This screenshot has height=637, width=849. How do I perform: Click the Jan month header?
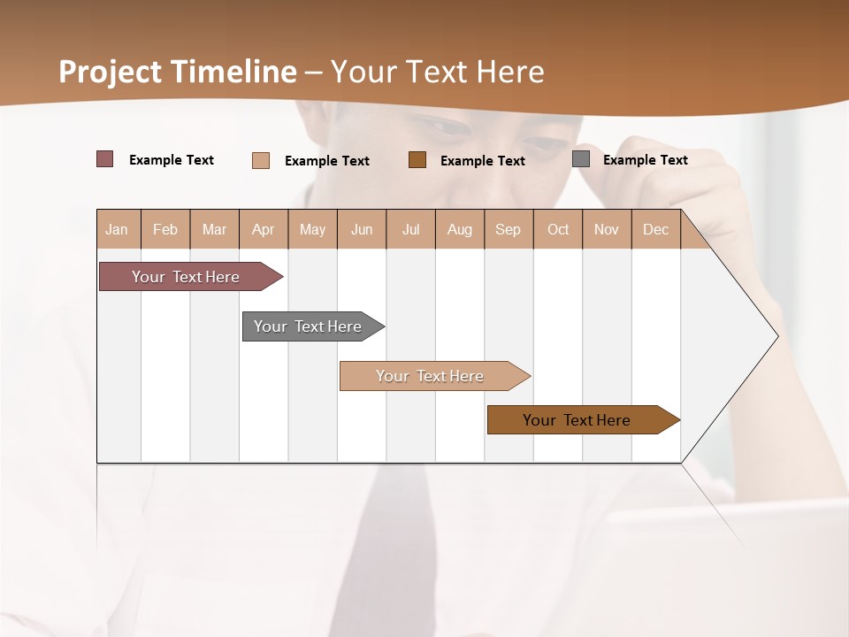click(x=118, y=229)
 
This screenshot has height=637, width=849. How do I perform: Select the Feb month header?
click(x=165, y=229)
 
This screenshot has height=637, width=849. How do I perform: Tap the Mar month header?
click(x=214, y=229)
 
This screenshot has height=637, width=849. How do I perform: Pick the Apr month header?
click(x=264, y=229)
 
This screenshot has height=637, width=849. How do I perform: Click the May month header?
click(x=312, y=229)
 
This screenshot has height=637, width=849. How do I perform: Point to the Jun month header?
click(x=362, y=229)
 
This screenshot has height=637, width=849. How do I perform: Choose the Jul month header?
click(x=410, y=229)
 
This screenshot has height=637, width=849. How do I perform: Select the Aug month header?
click(x=460, y=229)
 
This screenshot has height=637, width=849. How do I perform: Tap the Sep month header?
click(x=509, y=229)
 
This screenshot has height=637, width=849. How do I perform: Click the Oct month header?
click(x=558, y=229)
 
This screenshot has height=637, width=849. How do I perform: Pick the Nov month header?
click(x=607, y=229)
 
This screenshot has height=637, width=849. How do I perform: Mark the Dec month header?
click(x=656, y=229)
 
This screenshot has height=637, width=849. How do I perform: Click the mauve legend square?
click(x=104, y=159)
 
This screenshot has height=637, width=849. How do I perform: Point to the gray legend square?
click(x=581, y=159)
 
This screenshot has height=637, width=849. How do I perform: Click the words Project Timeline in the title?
click(x=178, y=72)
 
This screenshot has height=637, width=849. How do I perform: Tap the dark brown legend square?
click(x=417, y=160)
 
